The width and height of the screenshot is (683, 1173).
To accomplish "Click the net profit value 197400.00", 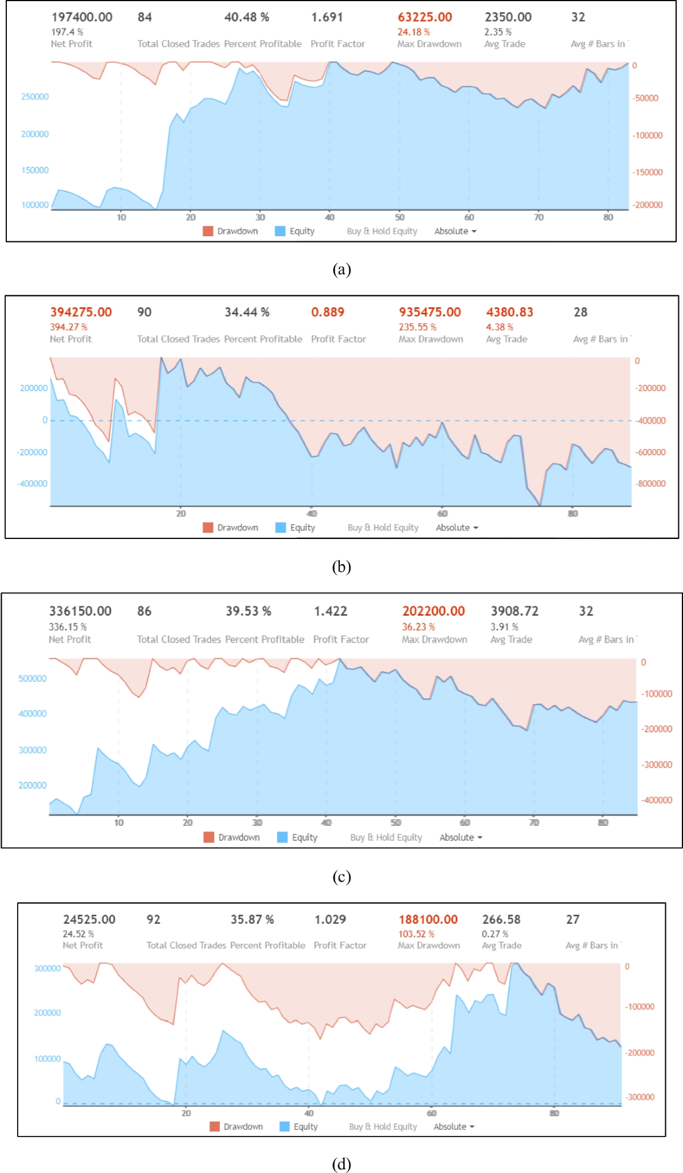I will [x=82, y=17].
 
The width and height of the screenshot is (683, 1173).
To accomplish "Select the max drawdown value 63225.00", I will [x=425, y=17].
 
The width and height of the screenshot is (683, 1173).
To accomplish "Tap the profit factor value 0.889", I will [x=327, y=312].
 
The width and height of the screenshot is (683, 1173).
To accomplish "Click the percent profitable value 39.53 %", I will [x=248, y=611].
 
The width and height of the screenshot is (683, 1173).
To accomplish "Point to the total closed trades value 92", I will [x=154, y=919].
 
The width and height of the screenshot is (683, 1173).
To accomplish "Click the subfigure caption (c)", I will [x=341, y=876].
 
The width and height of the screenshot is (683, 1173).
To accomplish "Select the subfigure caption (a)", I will [x=341, y=269].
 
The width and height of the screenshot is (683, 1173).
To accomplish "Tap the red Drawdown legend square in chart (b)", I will [x=208, y=528].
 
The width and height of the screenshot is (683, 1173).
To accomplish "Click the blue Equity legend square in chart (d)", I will [x=285, y=1126].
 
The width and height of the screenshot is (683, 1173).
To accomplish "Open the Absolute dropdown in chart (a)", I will [x=455, y=231].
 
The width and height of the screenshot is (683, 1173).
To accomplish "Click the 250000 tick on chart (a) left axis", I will [x=35, y=97].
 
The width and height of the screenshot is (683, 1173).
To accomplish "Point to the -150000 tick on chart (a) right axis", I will [x=648, y=172].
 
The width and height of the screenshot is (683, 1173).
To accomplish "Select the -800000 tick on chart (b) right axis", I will [x=650, y=483].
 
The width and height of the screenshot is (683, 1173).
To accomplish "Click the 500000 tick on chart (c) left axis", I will [x=32, y=678].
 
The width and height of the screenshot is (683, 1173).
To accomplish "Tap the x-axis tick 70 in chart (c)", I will [x=534, y=822].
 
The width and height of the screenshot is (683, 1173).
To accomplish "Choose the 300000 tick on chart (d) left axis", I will [x=47, y=968].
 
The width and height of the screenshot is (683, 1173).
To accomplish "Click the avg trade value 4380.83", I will [x=509, y=312].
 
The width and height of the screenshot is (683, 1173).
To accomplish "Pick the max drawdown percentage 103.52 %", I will [x=416, y=934].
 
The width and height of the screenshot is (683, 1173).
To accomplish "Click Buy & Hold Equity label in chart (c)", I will [x=386, y=837].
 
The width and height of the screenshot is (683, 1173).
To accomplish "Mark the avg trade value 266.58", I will [x=501, y=919].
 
